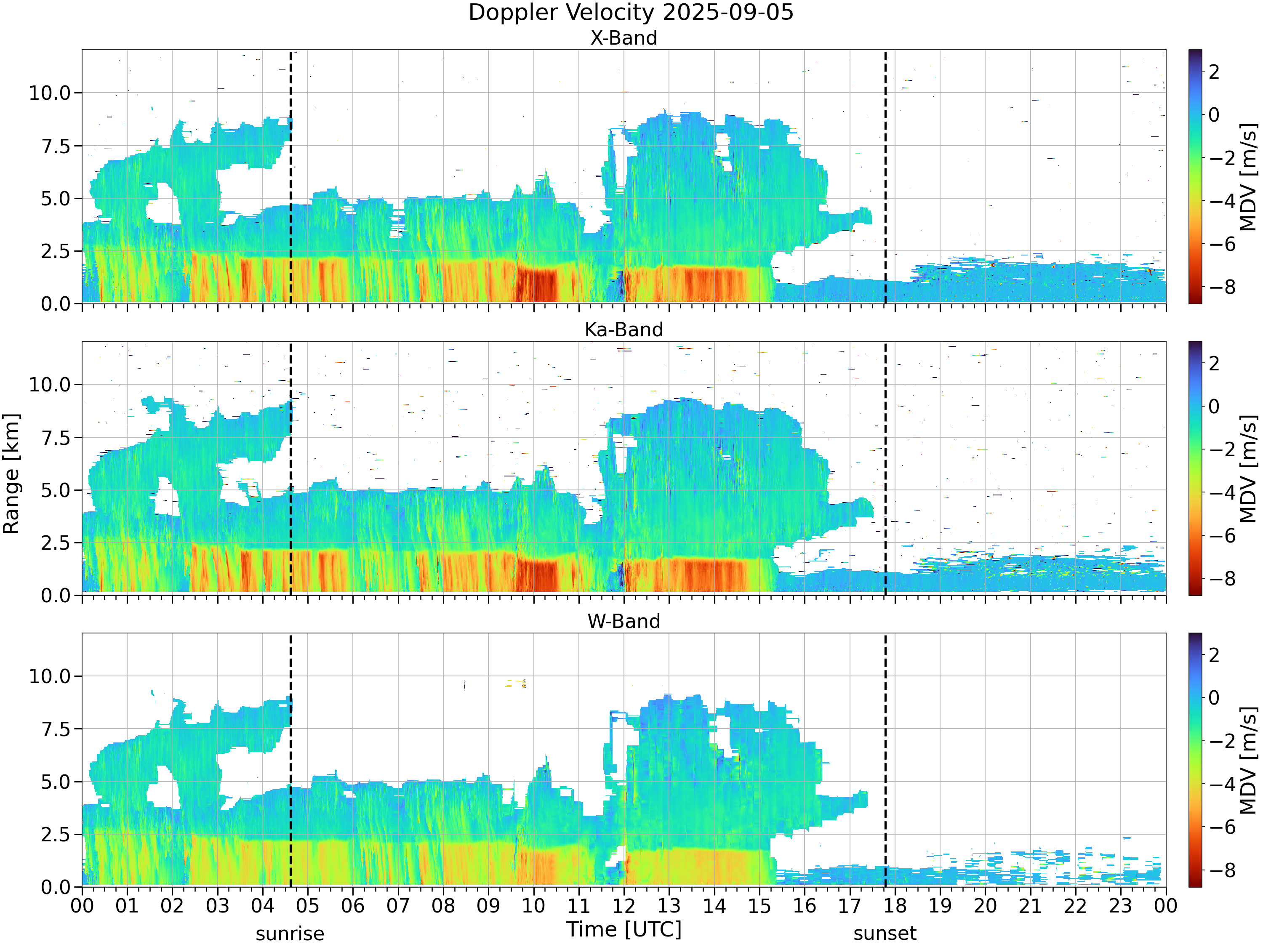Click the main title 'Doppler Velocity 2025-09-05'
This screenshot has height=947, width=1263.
tap(631, 13)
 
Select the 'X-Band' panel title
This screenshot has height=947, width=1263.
tap(624, 38)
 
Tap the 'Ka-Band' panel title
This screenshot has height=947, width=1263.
tap(624, 330)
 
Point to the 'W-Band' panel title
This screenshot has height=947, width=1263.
tap(624, 621)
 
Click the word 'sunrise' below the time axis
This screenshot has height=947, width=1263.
tap(290, 934)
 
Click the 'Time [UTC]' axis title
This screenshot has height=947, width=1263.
tap(624, 929)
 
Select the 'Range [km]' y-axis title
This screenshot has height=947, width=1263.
tap(11, 474)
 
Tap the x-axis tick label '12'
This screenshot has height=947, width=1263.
tap(624, 906)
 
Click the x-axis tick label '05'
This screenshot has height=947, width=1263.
tap(308, 906)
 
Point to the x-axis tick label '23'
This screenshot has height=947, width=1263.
tap(1120, 906)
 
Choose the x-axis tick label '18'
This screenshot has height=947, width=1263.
tap(895, 906)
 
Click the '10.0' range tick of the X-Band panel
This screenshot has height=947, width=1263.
tap(50, 93)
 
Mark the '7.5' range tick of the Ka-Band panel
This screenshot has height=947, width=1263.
tap(56, 438)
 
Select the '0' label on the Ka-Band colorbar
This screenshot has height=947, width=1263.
tap(1214, 407)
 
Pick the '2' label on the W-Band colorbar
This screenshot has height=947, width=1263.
tap(1214, 655)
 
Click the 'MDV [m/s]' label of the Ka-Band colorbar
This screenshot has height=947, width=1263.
tap(1249, 468)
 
